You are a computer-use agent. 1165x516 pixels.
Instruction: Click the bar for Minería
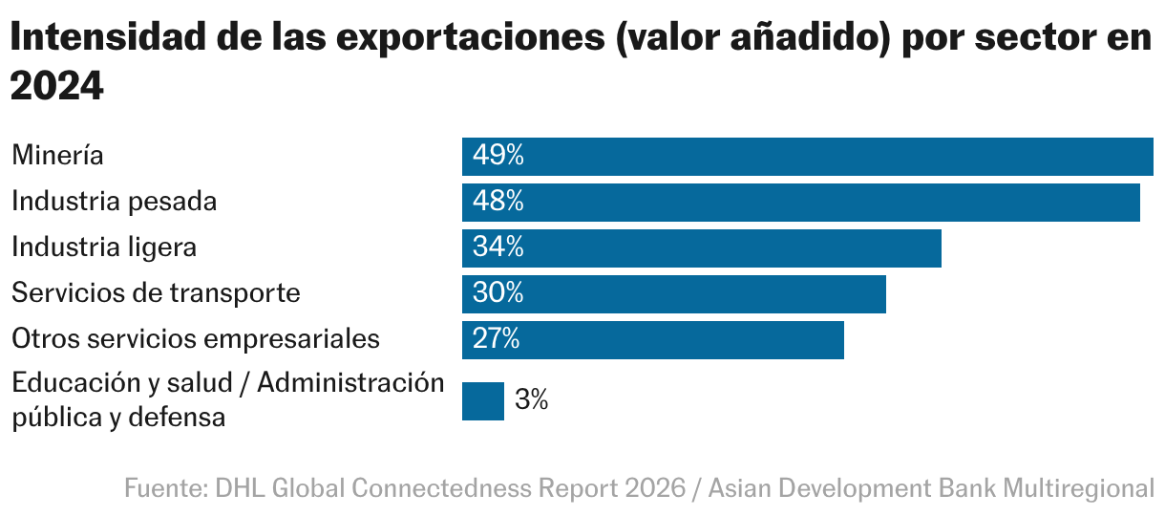[807, 157]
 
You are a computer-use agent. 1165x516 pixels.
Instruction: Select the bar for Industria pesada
[800, 203]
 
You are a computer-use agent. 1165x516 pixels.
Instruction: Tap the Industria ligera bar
[702, 248]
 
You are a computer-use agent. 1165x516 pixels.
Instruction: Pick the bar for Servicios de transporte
[673, 294]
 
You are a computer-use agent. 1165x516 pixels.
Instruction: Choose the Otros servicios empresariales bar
[652, 340]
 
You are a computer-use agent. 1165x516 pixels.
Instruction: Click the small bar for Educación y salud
[482, 401]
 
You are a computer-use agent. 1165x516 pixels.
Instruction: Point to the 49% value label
[498, 157]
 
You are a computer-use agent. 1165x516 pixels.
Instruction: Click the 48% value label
[498, 203]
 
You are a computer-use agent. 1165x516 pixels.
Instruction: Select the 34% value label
[498, 248]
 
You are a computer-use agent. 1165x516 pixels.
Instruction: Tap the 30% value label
[498, 294]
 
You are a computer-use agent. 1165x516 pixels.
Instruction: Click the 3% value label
[531, 401]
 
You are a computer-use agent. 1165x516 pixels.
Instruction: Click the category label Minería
[57, 157]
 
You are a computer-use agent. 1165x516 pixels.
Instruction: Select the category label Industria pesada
[114, 203]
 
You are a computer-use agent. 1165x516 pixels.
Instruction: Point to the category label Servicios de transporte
[156, 294]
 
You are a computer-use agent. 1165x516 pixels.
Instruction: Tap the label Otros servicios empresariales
[196, 340]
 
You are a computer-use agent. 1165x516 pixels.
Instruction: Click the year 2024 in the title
[56, 86]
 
